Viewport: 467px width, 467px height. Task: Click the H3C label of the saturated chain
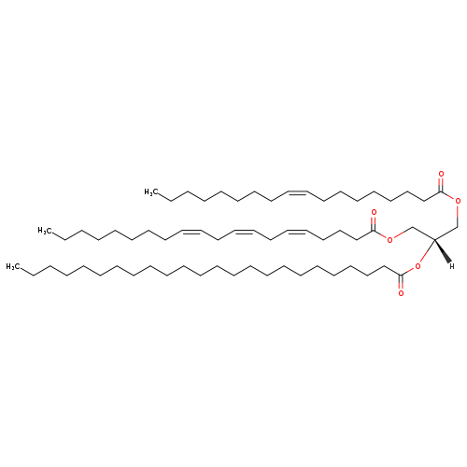[13, 267]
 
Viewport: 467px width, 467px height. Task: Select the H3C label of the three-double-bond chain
[45, 231]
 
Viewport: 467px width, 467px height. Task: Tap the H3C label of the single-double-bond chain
[151, 192]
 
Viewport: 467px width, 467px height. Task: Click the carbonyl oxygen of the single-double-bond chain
[441, 174]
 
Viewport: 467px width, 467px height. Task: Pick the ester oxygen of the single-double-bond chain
[458, 201]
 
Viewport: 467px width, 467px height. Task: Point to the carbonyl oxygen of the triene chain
[374, 213]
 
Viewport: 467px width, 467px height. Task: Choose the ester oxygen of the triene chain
[389, 239]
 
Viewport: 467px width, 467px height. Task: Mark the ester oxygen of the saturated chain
[417, 266]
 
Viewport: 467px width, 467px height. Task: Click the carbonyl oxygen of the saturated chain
[401, 293]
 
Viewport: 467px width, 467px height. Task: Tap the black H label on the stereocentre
[452, 266]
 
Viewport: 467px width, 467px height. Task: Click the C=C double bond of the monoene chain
[298, 192]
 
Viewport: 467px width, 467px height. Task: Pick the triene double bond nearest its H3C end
[191, 231]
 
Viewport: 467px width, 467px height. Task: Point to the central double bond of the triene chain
[244, 231]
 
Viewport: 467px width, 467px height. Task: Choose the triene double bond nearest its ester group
[298, 231]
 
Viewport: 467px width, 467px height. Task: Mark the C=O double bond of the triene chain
[374, 223]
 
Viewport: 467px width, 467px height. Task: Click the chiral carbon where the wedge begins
[434, 239]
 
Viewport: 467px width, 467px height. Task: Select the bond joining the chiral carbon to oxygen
[427, 251]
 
